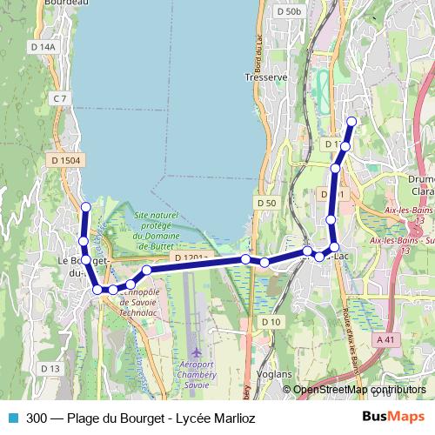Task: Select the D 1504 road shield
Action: (x=64, y=160)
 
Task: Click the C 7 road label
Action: (x=59, y=99)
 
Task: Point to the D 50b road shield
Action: (x=288, y=11)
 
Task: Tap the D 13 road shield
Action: (x=50, y=369)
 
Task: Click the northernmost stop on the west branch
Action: (x=85, y=206)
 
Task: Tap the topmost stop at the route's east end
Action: (x=351, y=121)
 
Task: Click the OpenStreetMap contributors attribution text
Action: (x=359, y=390)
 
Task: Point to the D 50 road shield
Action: (x=266, y=203)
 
